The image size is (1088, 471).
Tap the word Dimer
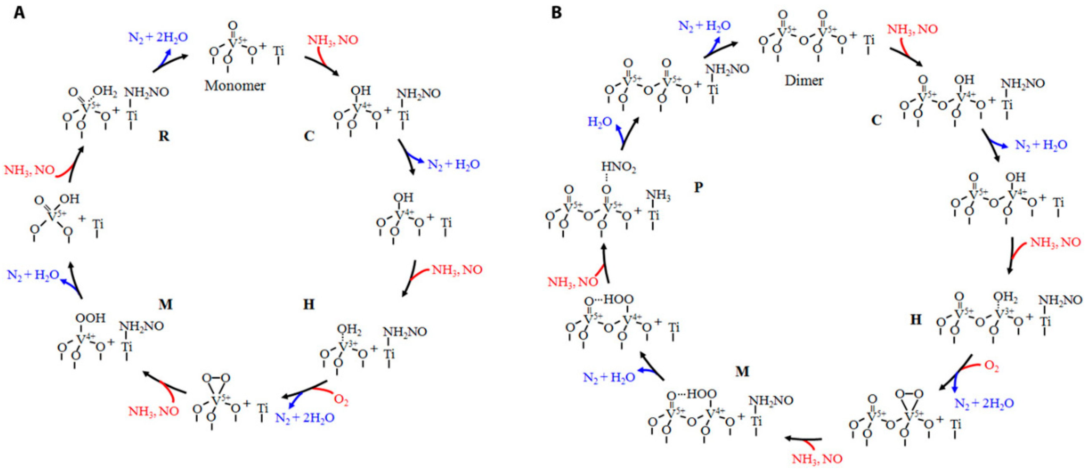[804, 80]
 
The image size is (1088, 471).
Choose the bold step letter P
[699, 187]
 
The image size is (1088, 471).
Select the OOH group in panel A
[90, 318]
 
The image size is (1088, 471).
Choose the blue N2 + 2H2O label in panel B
[984, 403]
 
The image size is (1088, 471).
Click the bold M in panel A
[165, 304]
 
